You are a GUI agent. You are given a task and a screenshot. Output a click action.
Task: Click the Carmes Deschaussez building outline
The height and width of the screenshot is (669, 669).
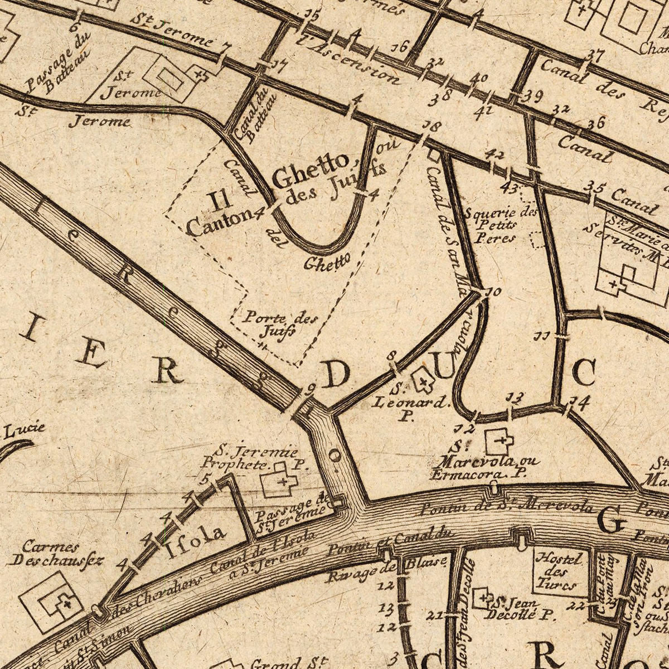click(52, 602)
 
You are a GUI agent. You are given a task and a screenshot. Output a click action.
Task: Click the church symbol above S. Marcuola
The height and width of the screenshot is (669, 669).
click(500, 442)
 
